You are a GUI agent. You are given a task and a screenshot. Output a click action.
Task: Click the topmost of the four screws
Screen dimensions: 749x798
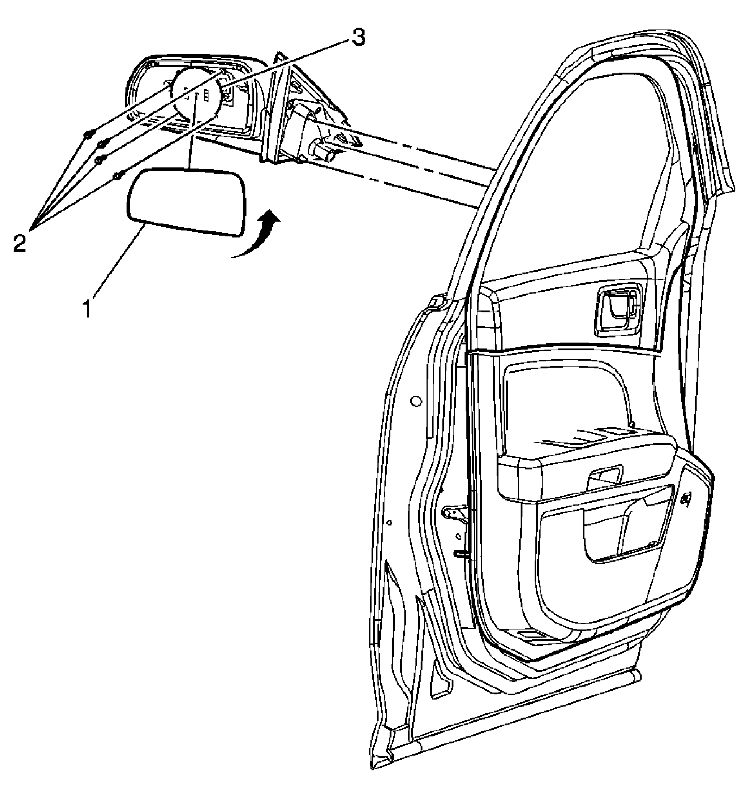click(89, 133)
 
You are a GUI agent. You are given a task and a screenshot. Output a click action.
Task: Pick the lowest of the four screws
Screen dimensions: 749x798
click(117, 176)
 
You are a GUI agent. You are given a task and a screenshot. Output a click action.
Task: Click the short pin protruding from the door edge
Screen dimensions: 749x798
click(462, 553)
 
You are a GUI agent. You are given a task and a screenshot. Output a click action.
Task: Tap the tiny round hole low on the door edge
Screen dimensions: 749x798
click(389, 522)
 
